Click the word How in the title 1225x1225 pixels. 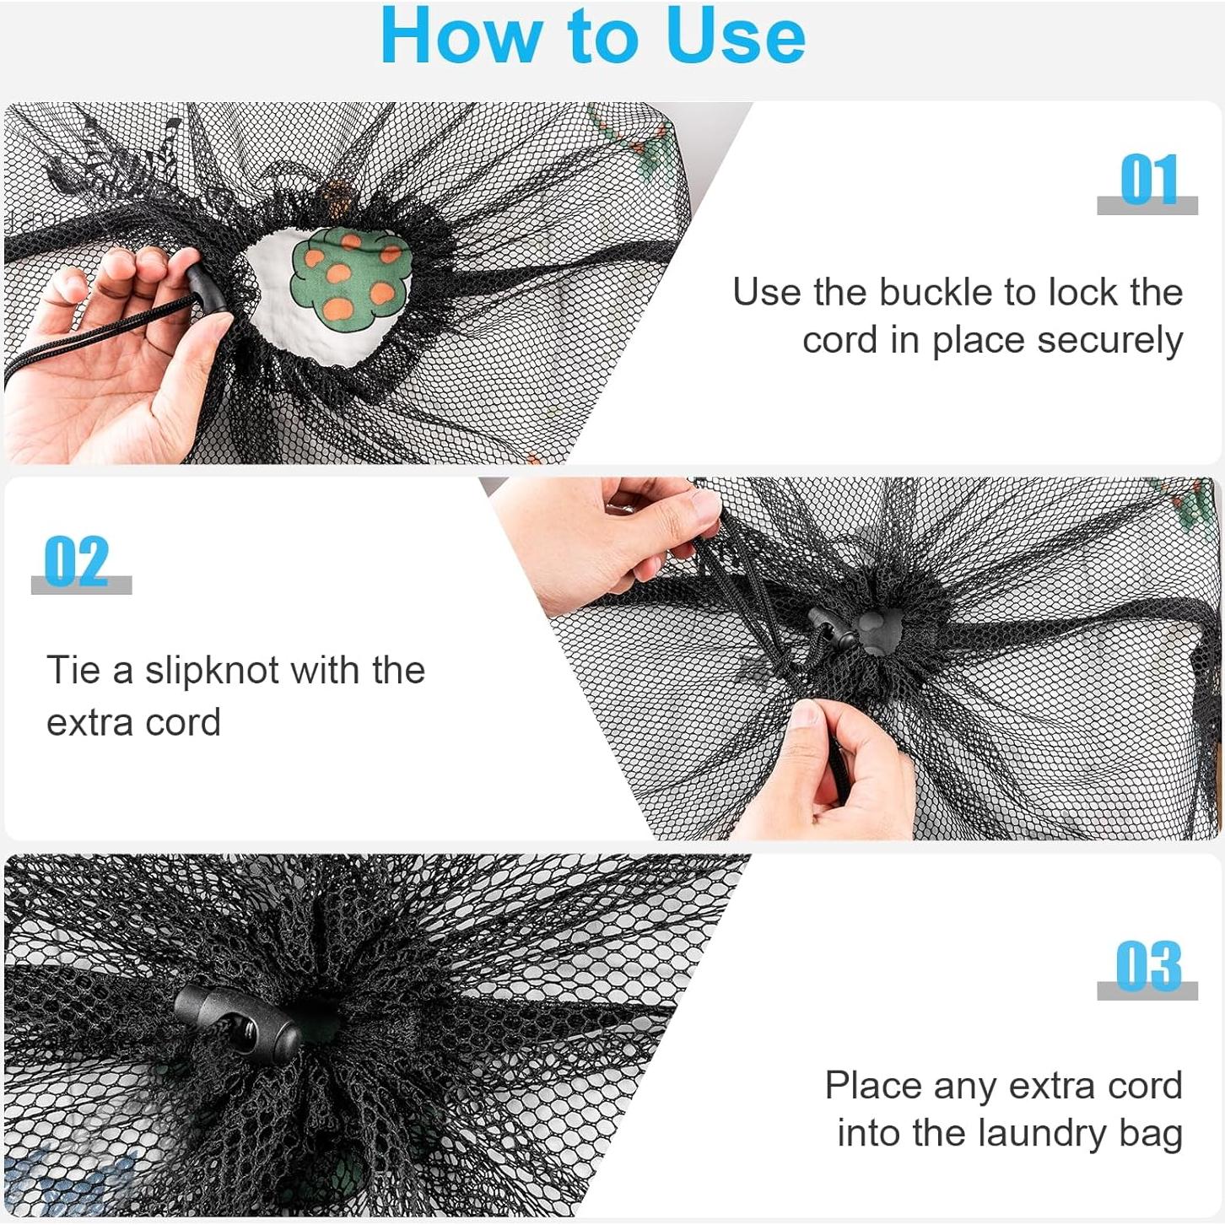(462, 37)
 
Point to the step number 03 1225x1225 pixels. (1148, 965)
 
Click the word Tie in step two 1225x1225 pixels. (73, 670)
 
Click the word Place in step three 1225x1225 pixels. (872, 1086)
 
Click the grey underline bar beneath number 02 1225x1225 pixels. (81, 585)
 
